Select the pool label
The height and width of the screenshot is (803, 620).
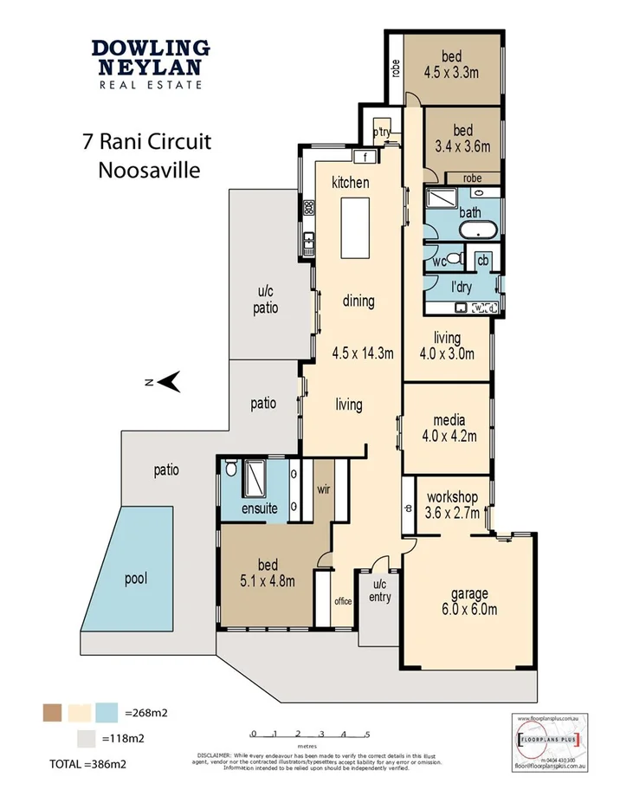point(135,577)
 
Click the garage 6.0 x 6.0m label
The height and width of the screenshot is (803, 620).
point(468,601)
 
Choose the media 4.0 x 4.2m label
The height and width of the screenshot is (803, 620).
point(448,427)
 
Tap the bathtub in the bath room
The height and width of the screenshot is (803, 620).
point(477,230)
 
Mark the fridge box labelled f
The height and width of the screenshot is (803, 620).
point(367,157)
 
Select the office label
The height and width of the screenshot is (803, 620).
point(343,600)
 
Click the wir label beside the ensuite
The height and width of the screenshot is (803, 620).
point(324,489)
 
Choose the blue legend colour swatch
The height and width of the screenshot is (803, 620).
point(107,713)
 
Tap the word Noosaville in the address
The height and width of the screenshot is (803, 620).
point(149,169)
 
